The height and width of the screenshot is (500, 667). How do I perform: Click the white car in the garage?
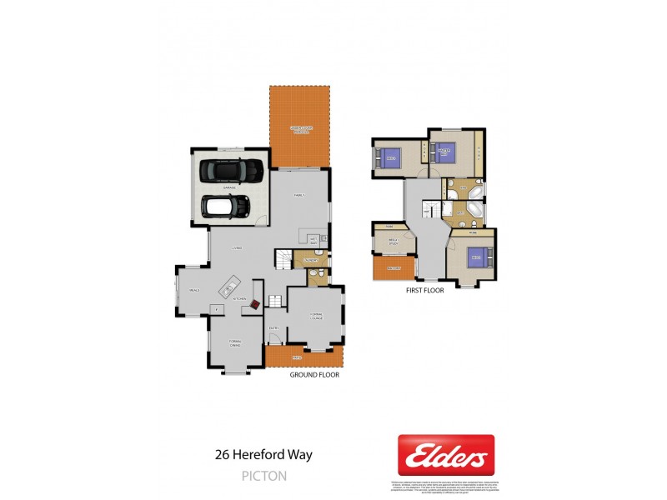pyautogui.click(x=226, y=206)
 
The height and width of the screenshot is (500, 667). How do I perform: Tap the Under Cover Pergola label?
pyautogui.click(x=299, y=128)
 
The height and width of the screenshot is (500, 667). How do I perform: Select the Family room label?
pyautogui.click(x=299, y=195)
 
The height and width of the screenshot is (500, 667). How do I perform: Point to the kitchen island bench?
pyautogui.click(x=228, y=289)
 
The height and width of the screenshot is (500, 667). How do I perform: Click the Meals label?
pyautogui.click(x=193, y=289)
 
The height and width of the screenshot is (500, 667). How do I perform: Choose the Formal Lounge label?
pyautogui.click(x=315, y=315)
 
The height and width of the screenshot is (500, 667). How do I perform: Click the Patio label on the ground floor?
pyautogui.click(x=297, y=358)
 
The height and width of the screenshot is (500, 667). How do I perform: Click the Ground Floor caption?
pyautogui.click(x=314, y=375)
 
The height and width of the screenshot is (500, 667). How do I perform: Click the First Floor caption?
pyautogui.click(x=426, y=291)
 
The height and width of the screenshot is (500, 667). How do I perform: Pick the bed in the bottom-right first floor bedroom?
pyautogui.click(x=476, y=257)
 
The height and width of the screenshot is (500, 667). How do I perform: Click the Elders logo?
pyautogui.click(x=446, y=456)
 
